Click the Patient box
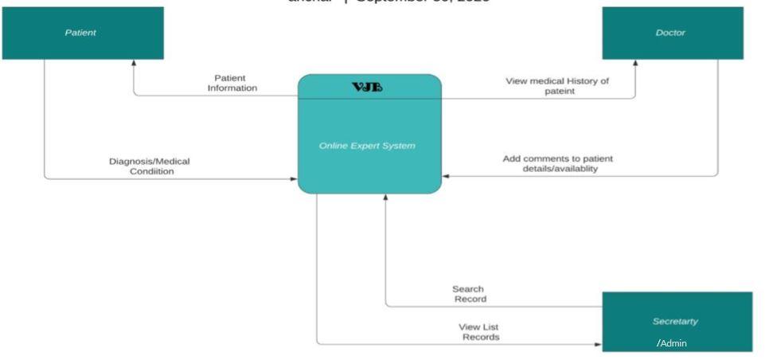83,33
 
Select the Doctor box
673,33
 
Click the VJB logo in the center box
369,87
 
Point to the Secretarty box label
676,321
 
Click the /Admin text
672,343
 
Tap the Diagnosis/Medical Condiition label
150,166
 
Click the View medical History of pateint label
557,87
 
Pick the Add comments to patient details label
557,163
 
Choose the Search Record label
468,294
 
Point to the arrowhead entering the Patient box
134,63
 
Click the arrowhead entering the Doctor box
635,63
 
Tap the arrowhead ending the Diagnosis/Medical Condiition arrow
294,178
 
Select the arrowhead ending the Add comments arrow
446,175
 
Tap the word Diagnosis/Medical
150,161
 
